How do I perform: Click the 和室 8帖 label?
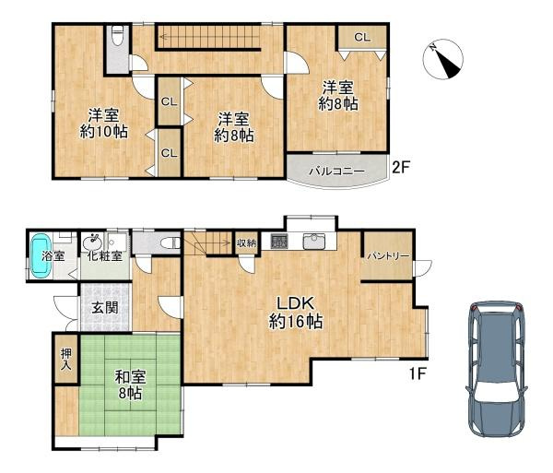click(x=128, y=384)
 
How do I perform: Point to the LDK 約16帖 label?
click(x=295, y=313)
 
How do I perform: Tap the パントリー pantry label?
click(x=385, y=254)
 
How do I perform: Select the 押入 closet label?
click(x=65, y=359)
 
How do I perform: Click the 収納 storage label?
click(x=245, y=243)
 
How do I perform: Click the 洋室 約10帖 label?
click(x=103, y=124)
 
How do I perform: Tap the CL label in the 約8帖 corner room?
click(x=360, y=38)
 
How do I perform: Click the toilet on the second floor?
click(x=117, y=40)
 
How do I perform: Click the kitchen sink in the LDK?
click(x=313, y=242)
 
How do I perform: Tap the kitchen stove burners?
click(x=279, y=242)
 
